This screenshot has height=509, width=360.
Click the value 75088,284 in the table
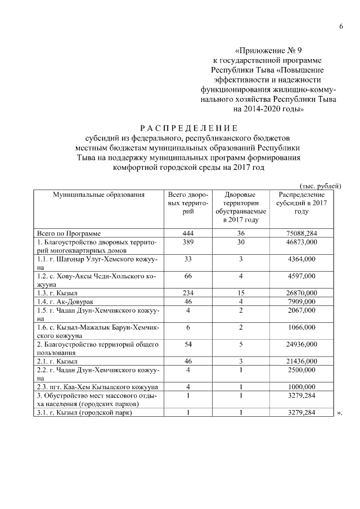pos(301,232)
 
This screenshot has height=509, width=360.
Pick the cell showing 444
pos(188,232)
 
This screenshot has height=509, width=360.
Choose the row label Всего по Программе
pos(69,232)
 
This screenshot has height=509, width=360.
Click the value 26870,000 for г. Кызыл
pos(301,293)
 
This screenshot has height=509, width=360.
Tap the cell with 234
pos(188,293)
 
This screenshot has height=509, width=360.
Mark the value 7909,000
pos(301,302)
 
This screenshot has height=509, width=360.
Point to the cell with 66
pos(188,276)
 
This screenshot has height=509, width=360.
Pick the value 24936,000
pos(301,343)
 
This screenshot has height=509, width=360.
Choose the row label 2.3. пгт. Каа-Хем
pos(97,387)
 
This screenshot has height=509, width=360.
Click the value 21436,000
pos(301,361)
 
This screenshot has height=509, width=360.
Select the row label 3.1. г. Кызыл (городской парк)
pos(85,413)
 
